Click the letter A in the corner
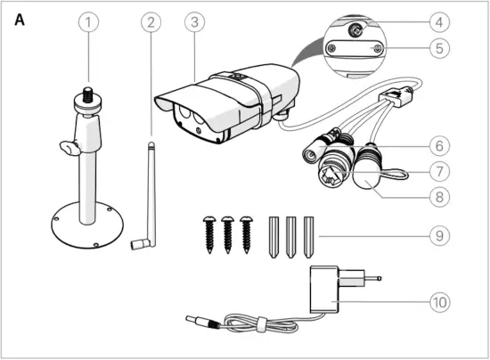tap(20, 20)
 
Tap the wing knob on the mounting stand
tap(64, 145)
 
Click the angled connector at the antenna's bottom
tap(138, 242)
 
